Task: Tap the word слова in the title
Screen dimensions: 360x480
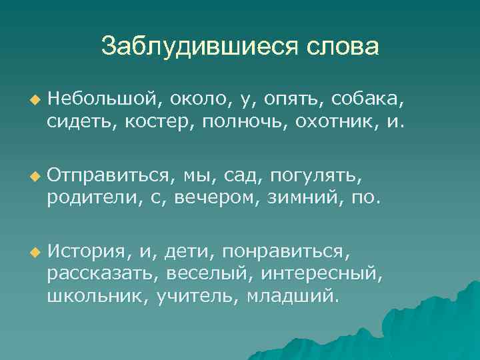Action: pyautogui.click(x=342, y=46)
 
